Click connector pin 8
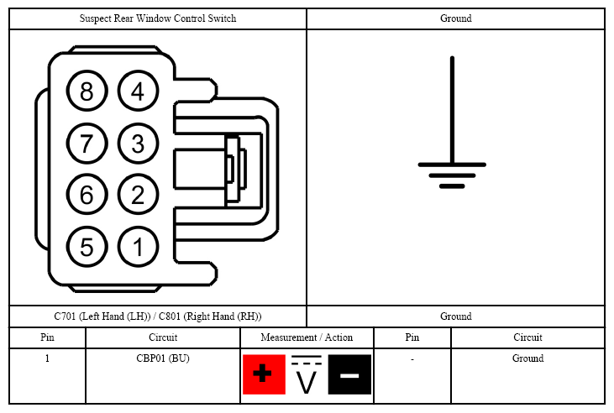click(x=87, y=91)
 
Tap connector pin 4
click(x=138, y=91)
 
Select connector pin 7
click(x=87, y=143)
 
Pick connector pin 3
click(x=138, y=143)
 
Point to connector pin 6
click(x=87, y=194)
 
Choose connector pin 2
click(x=138, y=194)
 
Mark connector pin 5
click(x=87, y=247)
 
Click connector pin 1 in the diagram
click(x=138, y=247)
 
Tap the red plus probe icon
click(x=264, y=374)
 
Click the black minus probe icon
click(x=349, y=374)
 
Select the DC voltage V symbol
click(x=307, y=374)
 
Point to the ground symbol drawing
click(x=452, y=123)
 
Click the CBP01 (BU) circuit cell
click(x=163, y=358)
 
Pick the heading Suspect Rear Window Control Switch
click(x=158, y=18)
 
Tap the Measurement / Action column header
click(x=307, y=337)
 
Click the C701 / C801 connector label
click(x=158, y=316)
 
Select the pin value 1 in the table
click(x=47, y=358)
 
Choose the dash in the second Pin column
click(x=412, y=359)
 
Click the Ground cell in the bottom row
click(x=527, y=358)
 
